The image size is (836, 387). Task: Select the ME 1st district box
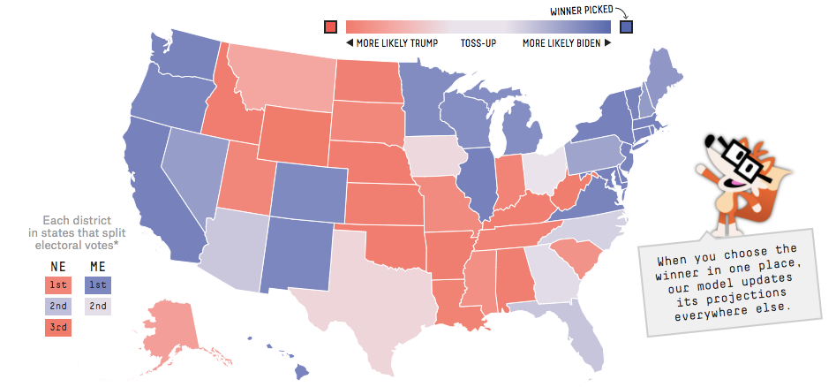pos(98,285)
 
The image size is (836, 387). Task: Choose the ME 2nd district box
pos(98,306)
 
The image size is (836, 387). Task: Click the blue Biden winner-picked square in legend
pos(627,27)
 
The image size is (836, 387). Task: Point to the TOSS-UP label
pos(478,43)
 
